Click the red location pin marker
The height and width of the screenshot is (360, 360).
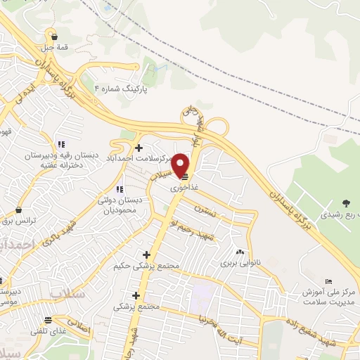(181, 165)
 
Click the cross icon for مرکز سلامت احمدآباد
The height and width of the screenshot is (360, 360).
(139, 148)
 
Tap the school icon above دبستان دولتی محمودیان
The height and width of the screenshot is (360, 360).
(120, 189)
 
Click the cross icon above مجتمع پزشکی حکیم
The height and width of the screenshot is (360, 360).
(146, 255)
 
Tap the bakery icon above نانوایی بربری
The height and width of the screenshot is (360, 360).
(240, 252)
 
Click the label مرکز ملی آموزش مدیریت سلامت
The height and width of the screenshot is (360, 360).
(327, 296)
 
